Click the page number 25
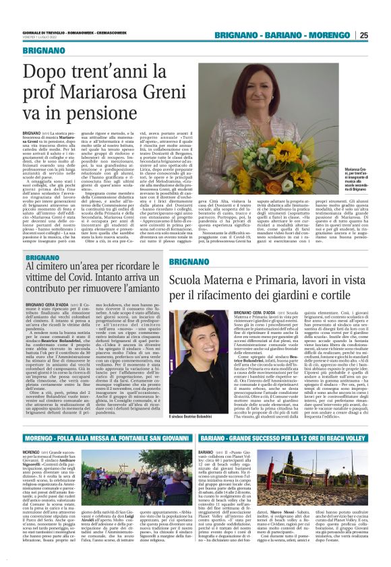(382, 35)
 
